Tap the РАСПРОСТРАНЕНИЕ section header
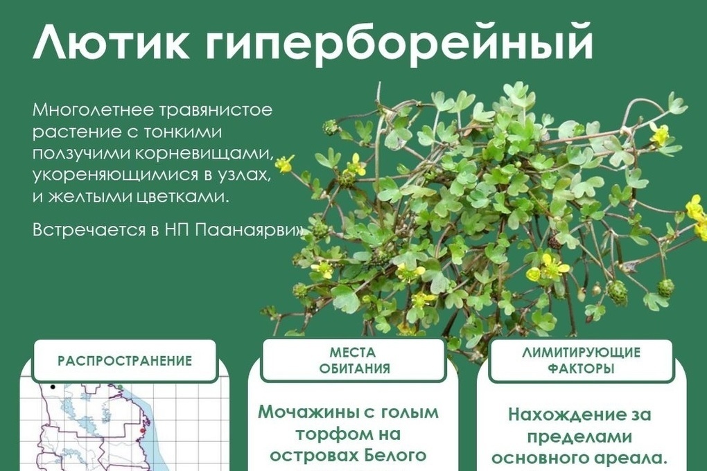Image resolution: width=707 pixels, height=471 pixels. tap(125, 361)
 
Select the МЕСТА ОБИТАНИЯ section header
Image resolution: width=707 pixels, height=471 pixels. tap(354, 360)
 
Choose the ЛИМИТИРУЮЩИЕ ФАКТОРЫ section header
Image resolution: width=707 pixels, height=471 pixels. tap(582, 360)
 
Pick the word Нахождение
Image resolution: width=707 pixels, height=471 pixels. tap(562, 414)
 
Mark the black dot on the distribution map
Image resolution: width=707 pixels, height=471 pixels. tap(53, 386)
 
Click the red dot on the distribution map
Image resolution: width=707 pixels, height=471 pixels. tap(143, 431)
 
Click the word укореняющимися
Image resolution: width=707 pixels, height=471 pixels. tap(116, 175)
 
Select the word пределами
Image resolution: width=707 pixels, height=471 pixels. tap(579, 436)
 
